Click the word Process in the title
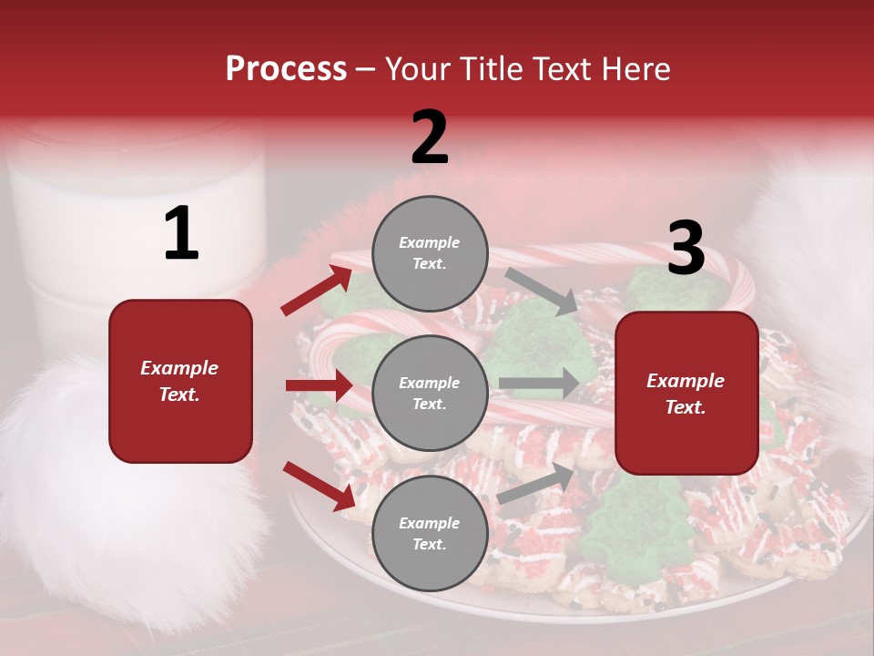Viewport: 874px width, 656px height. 286,69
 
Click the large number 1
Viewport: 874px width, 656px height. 181,234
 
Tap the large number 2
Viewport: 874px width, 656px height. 430,138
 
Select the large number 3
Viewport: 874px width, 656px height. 686,248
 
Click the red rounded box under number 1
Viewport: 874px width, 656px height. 180,381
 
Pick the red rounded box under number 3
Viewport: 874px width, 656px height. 686,393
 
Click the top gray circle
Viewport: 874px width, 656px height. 430,253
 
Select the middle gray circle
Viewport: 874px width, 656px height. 430,393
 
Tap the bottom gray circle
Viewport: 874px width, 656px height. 430,533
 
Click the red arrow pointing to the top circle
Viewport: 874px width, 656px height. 315,291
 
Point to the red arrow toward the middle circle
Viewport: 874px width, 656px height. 319,386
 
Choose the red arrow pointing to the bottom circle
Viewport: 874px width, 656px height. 318,486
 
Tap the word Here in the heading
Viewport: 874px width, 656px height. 635,69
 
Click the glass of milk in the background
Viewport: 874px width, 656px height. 137,228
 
